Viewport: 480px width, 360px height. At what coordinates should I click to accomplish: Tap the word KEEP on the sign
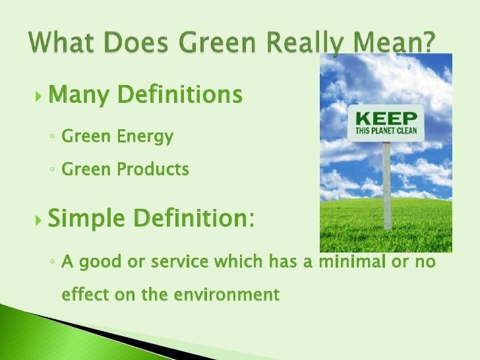click(x=386, y=119)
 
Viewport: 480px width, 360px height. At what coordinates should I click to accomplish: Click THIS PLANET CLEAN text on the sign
click(x=386, y=131)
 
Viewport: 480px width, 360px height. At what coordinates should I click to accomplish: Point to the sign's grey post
click(x=387, y=185)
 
